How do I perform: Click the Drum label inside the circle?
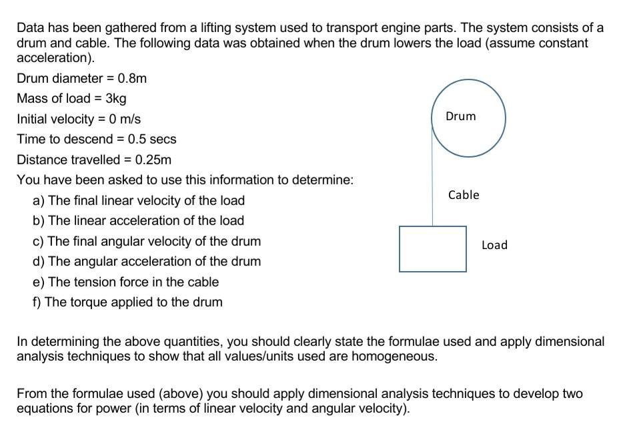point(461,116)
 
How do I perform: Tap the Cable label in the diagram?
point(464,195)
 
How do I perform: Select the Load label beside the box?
point(494,245)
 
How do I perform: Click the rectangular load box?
point(433,249)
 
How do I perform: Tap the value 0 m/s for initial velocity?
point(125,119)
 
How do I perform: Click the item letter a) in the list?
point(38,200)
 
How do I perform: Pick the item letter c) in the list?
point(38,241)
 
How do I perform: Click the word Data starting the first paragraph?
point(30,28)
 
